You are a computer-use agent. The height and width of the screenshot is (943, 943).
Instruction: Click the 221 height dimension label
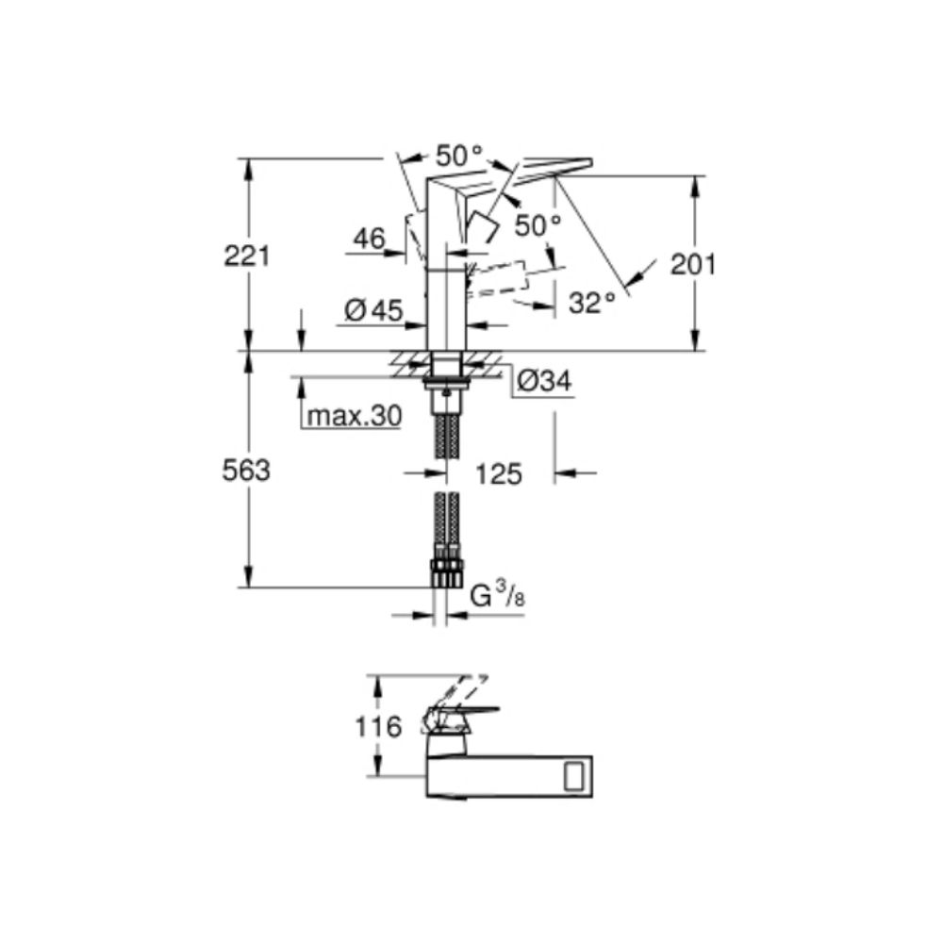247,255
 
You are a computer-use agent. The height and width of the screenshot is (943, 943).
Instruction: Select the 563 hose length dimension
247,471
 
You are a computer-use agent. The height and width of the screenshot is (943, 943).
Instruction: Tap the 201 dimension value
693,265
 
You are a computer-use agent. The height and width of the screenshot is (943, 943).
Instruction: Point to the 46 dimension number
369,239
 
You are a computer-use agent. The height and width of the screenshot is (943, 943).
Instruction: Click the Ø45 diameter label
373,310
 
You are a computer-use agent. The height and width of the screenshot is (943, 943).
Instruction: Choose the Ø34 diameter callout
545,381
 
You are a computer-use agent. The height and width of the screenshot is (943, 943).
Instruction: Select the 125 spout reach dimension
499,473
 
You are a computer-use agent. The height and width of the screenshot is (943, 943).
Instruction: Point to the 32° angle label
592,303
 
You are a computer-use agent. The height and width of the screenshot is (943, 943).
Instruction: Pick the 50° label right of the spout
538,224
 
